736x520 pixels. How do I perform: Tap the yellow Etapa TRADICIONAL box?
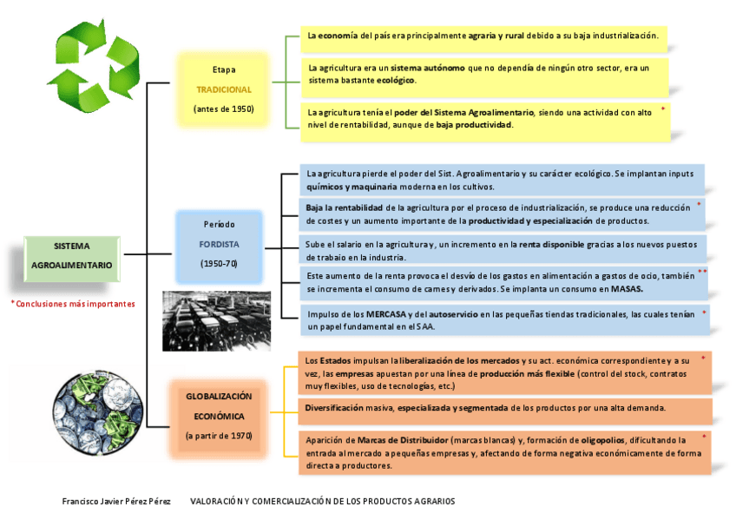[224, 89]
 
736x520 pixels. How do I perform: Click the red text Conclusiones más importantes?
[73, 305]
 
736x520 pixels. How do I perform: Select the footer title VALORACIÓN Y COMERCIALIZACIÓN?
[322, 502]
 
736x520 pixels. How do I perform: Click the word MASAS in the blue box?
[627, 288]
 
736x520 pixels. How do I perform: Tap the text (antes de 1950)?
[224, 109]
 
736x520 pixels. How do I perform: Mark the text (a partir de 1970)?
[219, 436]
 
